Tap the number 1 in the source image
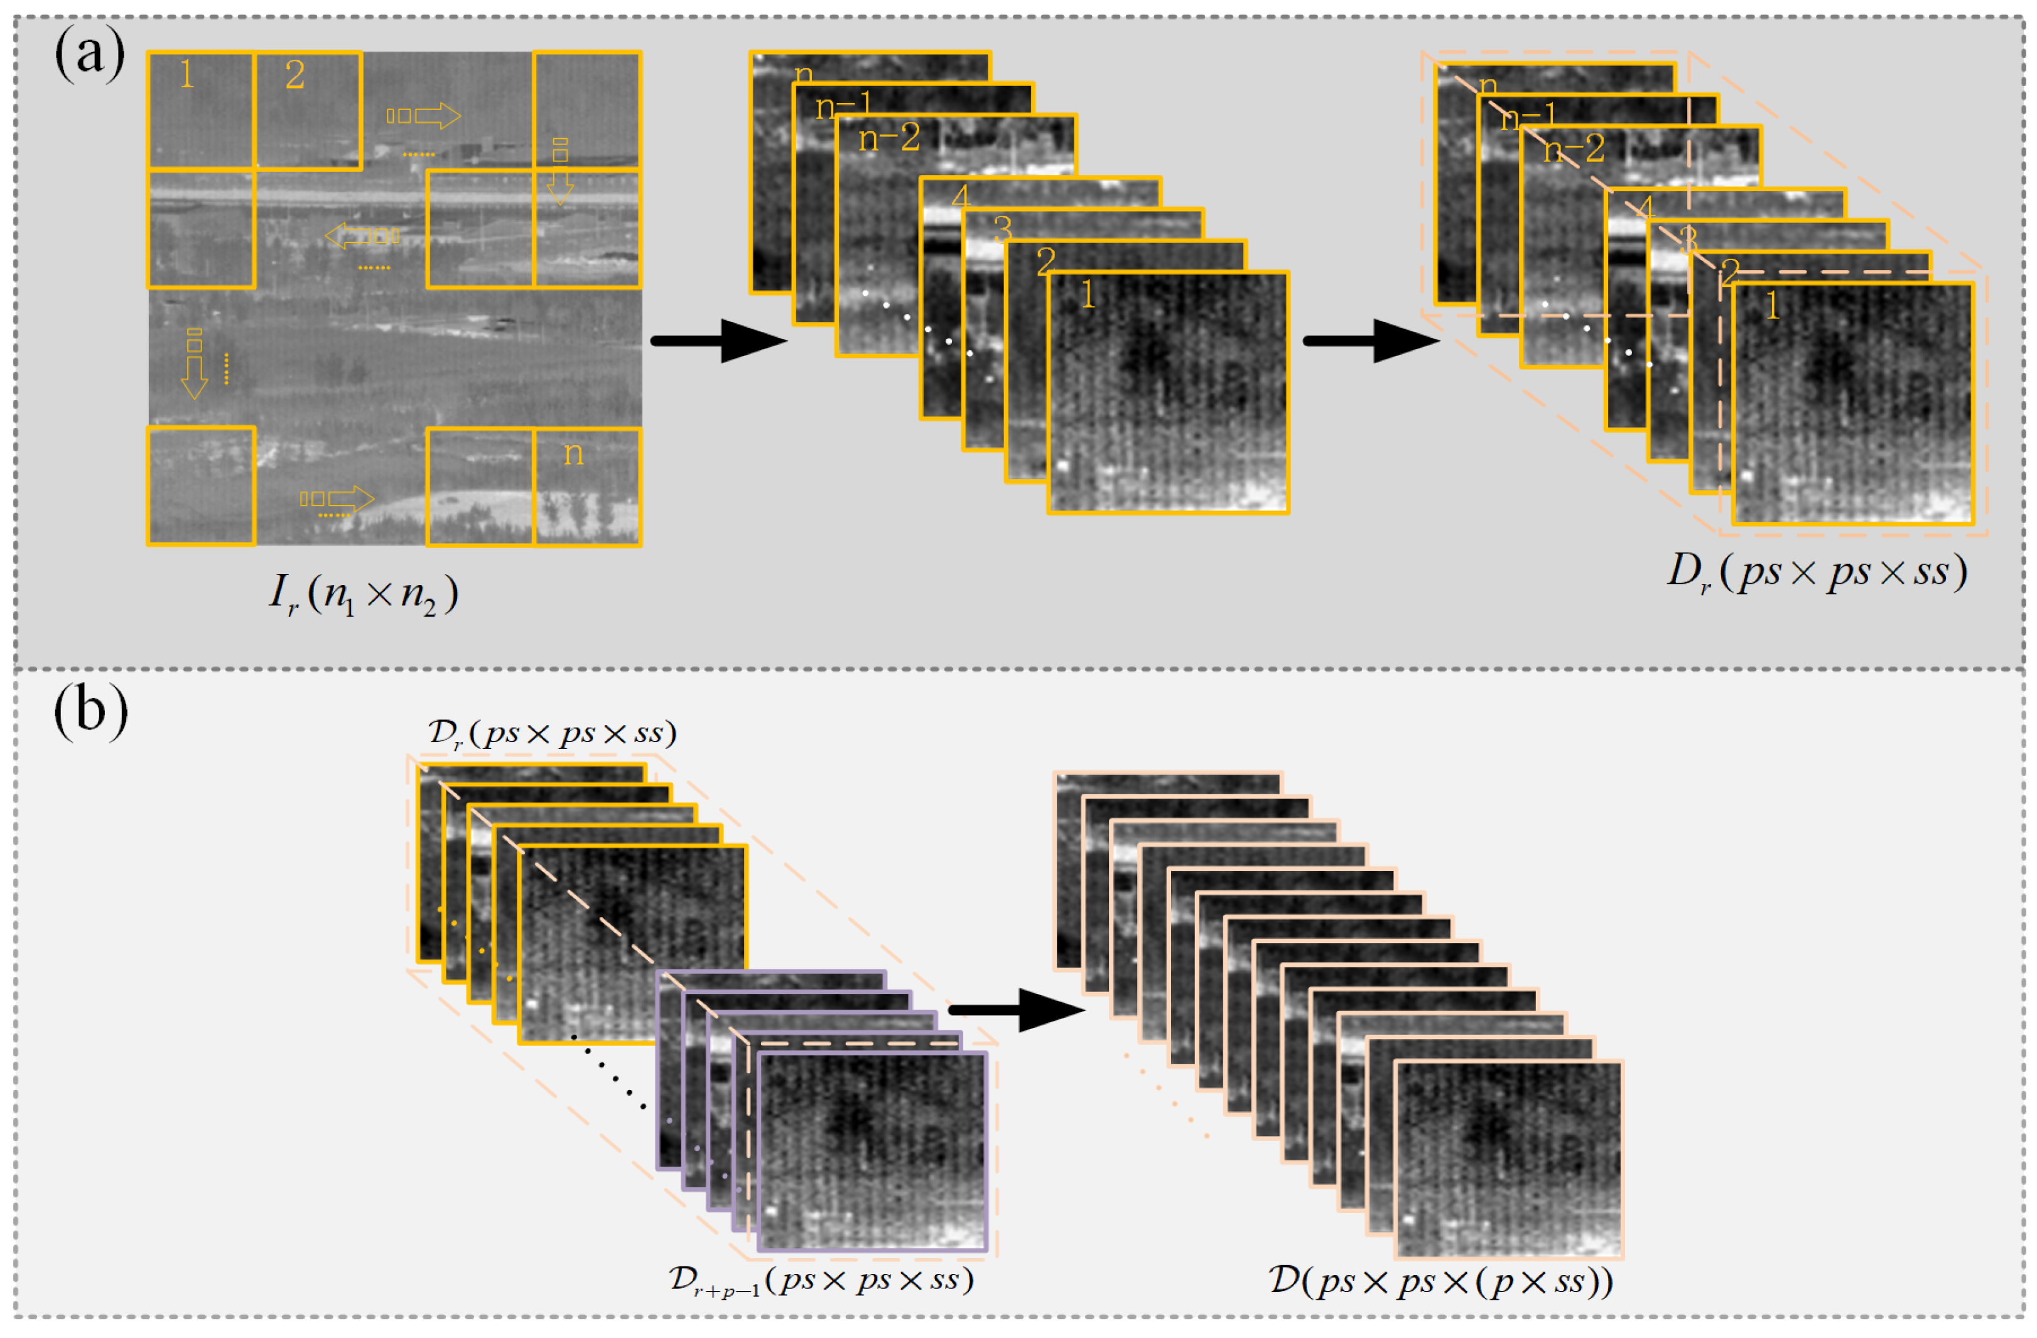pyautogui.click(x=186, y=75)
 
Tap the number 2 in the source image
pyautogui.click(x=294, y=75)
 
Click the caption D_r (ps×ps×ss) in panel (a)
pyautogui.click(x=1816, y=572)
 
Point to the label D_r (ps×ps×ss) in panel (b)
pyautogui.click(x=552, y=733)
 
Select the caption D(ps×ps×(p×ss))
pyautogui.click(x=1440, y=1281)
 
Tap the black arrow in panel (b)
pyautogui.click(x=1016, y=1010)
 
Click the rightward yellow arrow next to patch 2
pyautogui.click(x=424, y=116)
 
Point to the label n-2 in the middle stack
pyautogui.click(x=889, y=138)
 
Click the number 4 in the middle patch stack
pyautogui.click(x=959, y=197)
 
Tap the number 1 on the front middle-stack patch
pyautogui.click(x=1087, y=295)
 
